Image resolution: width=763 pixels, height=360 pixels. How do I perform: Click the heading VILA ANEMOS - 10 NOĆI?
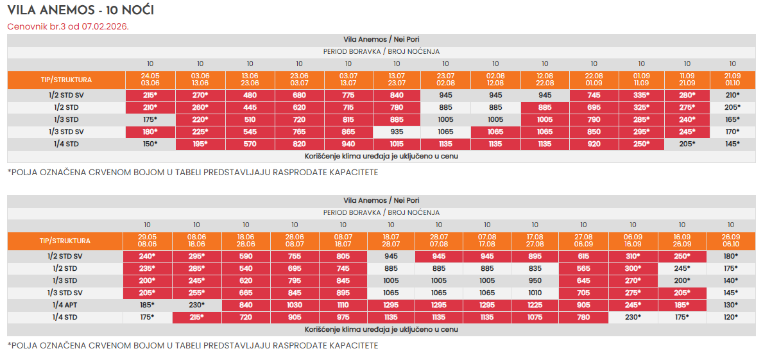(81, 10)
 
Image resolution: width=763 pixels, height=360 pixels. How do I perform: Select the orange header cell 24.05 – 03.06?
(150, 80)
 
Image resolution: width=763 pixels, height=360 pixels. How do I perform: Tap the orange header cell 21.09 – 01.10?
(732, 80)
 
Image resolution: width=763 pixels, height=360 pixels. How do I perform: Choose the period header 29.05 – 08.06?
(147, 241)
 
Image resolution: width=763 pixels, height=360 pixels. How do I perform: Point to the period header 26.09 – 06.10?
(730, 241)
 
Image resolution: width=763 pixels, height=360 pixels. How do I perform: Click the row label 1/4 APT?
(65, 305)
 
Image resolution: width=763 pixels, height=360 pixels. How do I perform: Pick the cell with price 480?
(250, 96)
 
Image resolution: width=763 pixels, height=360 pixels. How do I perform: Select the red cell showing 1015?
(397, 144)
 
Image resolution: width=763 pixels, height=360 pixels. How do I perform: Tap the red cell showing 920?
(594, 144)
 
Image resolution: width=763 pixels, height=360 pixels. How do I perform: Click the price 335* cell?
(641, 96)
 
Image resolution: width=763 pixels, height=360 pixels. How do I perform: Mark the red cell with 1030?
(295, 305)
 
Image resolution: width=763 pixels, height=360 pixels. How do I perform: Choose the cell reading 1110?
(343, 305)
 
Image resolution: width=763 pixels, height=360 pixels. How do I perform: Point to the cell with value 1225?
(535, 305)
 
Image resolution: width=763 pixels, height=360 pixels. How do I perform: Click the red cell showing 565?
(583, 268)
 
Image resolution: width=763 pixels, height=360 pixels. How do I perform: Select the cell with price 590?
(246, 257)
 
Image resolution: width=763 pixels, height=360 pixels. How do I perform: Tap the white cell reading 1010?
(535, 293)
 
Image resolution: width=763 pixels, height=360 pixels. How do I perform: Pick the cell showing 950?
(535, 280)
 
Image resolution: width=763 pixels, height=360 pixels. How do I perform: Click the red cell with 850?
(594, 132)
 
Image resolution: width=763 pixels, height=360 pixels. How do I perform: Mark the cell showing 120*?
(730, 317)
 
